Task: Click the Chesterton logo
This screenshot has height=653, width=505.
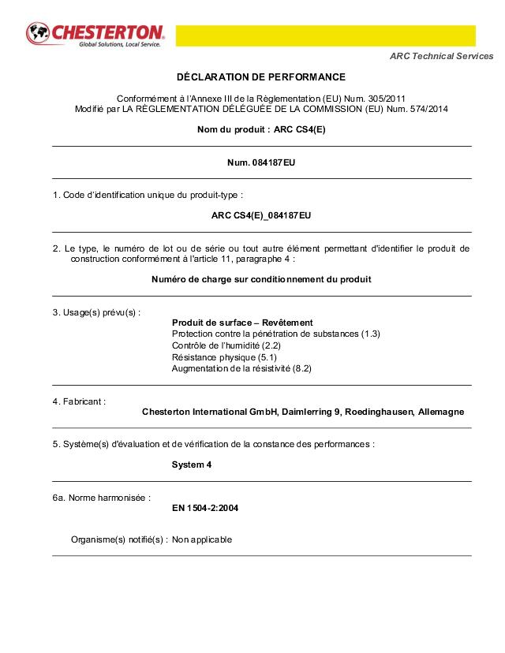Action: (x=95, y=35)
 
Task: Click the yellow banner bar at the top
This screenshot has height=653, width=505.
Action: (x=325, y=35)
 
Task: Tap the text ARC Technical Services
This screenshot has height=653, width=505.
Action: (x=442, y=56)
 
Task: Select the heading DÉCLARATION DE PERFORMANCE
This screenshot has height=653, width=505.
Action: (x=261, y=77)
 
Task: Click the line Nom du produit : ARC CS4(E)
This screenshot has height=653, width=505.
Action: (x=261, y=129)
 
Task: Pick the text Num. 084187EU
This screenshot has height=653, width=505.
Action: (x=261, y=162)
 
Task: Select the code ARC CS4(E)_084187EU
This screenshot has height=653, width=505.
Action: (x=261, y=215)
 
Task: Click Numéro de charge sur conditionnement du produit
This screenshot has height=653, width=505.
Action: (x=261, y=279)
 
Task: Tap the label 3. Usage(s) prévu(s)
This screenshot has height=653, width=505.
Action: (x=96, y=312)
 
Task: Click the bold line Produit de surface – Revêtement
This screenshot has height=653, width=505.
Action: (x=242, y=323)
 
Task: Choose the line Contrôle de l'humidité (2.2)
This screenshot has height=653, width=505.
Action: (x=226, y=345)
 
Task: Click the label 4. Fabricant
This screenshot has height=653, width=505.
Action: (x=79, y=401)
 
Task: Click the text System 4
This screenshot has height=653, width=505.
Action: (x=192, y=465)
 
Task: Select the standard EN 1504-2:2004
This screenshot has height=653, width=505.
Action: (x=205, y=508)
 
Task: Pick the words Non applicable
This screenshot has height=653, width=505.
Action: (x=202, y=540)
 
